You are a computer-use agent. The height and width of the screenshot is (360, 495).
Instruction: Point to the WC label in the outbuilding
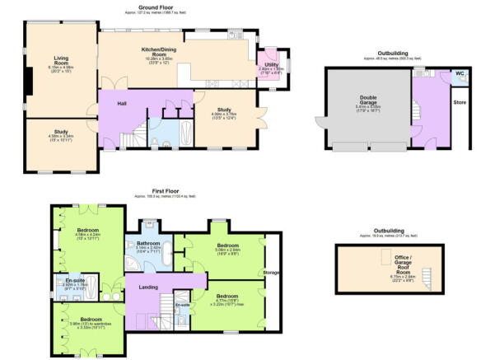[459, 72]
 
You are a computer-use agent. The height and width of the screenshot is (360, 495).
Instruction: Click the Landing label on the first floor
[148, 287]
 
